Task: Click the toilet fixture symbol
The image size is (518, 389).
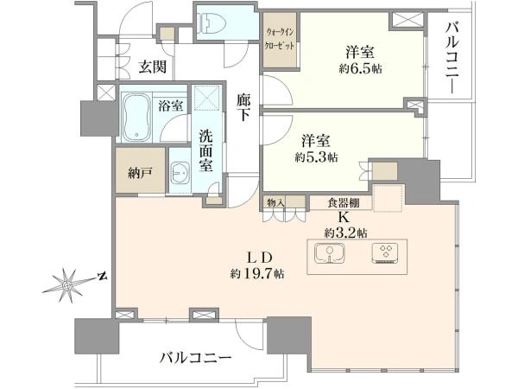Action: pos(212,22)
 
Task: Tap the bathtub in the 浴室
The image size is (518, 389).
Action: pos(136,117)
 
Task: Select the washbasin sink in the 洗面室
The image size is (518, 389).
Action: pos(180,172)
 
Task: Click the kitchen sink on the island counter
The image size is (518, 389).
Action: pos(329,253)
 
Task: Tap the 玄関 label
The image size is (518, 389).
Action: pos(152,67)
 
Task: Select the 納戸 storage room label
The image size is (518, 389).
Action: pos(140,173)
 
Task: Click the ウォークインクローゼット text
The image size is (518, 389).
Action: pos(280,39)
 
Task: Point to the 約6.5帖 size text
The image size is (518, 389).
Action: pos(360,69)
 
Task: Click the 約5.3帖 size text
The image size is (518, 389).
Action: pos(316,157)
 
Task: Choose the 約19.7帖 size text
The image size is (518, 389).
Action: pos(257,273)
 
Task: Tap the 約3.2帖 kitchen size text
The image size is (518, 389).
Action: pos(345,233)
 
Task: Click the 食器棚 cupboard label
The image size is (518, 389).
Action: pos(344,202)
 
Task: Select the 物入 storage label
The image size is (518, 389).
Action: pos(276,203)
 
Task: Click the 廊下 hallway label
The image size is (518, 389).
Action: pos(243,107)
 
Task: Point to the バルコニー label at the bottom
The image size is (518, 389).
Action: pos(196,358)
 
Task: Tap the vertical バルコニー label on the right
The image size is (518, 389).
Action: pos(452,58)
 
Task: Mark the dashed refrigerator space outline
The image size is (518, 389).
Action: pos(388,198)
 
